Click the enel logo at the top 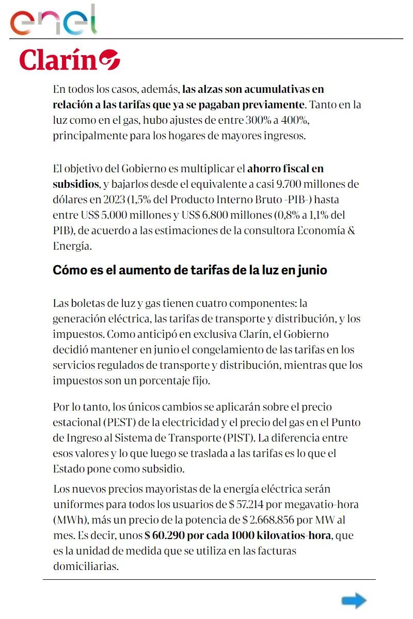coord(54,21)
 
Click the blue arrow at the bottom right coord(354,600)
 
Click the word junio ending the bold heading coord(311,270)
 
